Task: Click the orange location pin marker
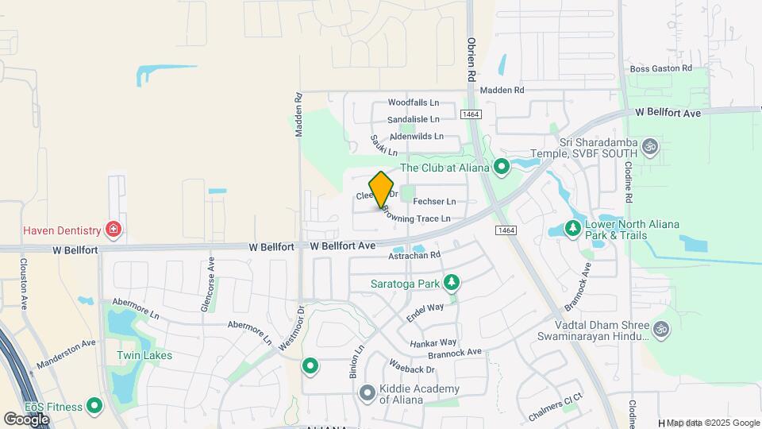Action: pos(381,190)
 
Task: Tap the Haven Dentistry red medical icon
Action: pos(114,230)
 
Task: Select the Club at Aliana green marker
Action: pos(502,167)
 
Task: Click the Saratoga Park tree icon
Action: pos(452,283)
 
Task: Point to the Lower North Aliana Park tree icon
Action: pos(572,230)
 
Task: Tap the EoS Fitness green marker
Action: pos(95,407)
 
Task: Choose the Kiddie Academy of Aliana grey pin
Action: pos(367,393)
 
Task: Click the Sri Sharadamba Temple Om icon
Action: pos(650,147)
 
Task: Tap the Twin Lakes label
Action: pos(144,355)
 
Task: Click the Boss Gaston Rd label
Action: pos(661,69)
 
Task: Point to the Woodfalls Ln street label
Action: pos(413,102)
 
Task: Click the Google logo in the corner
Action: pos(26,419)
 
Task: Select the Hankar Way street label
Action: pos(433,341)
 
